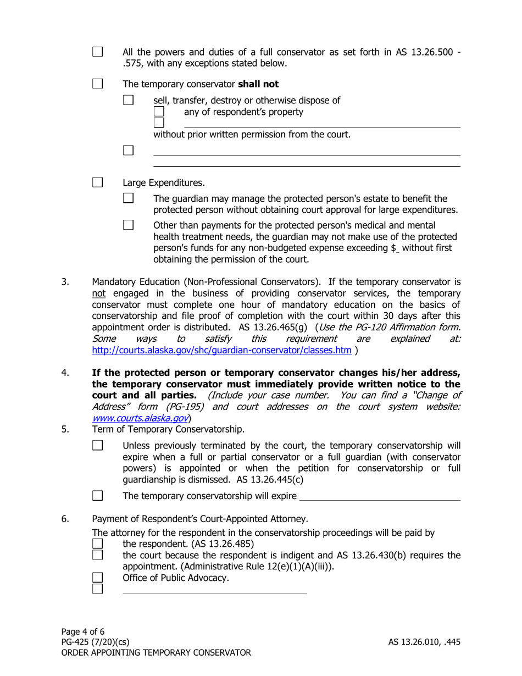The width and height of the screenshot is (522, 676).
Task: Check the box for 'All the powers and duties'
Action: [x=97, y=52]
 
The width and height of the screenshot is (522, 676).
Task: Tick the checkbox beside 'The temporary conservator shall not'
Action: [x=97, y=84]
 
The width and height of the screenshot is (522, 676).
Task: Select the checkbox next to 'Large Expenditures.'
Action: [x=97, y=182]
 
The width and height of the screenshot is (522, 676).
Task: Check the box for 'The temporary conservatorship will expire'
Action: [x=97, y=496]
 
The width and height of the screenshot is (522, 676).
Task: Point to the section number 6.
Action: [x=65, y=518]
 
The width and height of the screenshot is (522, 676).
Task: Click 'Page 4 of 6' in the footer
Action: [x=82, y=631]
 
